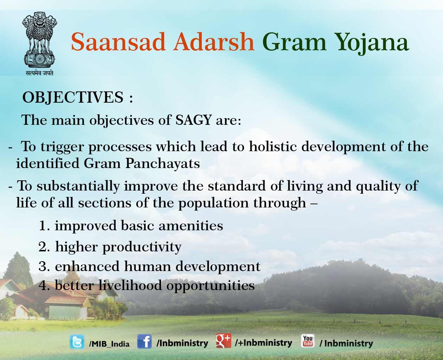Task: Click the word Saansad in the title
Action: tap(118, 42)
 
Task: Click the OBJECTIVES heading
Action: tap(73, 97)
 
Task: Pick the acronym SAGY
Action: tap(193, 120)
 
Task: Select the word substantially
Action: tap(78, 186)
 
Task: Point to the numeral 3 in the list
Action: tap(43, 266)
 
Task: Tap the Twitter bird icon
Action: tap(77, 342)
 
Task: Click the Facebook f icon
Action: tap(144, 341)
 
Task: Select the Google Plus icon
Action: tap(224, 341)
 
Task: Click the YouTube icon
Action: tap(308, 341)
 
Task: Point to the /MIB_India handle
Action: tap(109, 344)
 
